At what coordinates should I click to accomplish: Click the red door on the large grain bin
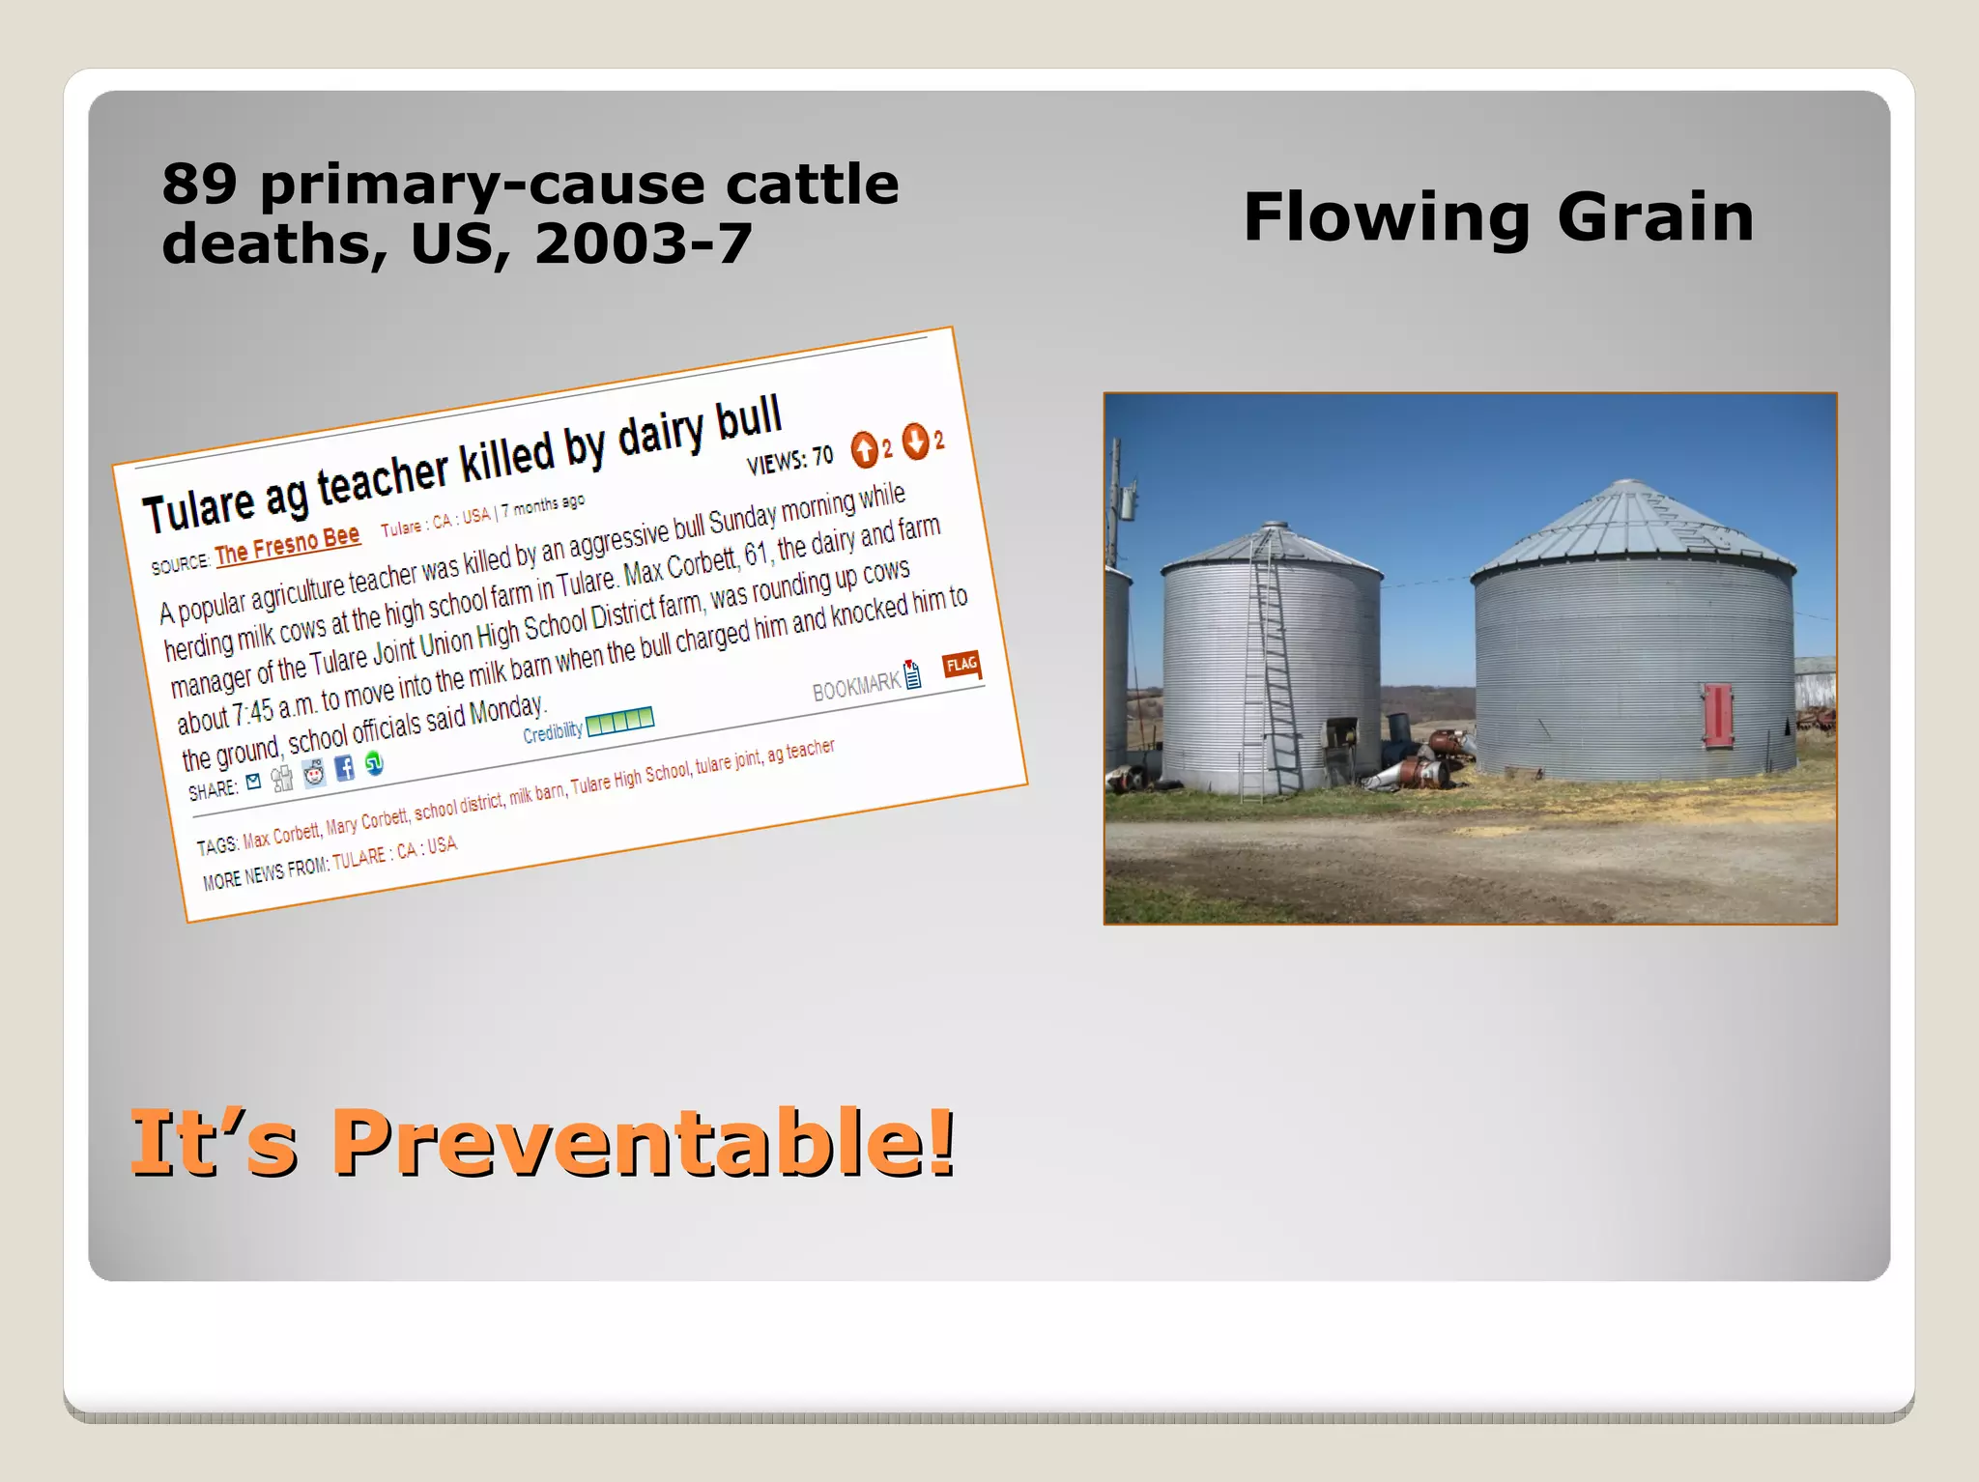point(1717,715)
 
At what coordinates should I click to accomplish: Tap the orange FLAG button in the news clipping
point(961,664)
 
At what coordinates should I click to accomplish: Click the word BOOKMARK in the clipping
point(855,686)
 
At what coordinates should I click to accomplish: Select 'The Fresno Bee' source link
point(287,546)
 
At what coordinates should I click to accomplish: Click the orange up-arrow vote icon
point(864,449)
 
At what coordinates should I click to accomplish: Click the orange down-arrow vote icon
point(915,442)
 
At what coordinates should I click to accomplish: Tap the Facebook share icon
point(344,769)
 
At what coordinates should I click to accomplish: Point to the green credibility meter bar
point(619,721)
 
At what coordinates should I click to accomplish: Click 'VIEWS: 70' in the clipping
point(789,460)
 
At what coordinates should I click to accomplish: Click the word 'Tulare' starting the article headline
point(199,507)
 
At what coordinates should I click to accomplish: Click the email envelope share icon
point(253,782)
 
